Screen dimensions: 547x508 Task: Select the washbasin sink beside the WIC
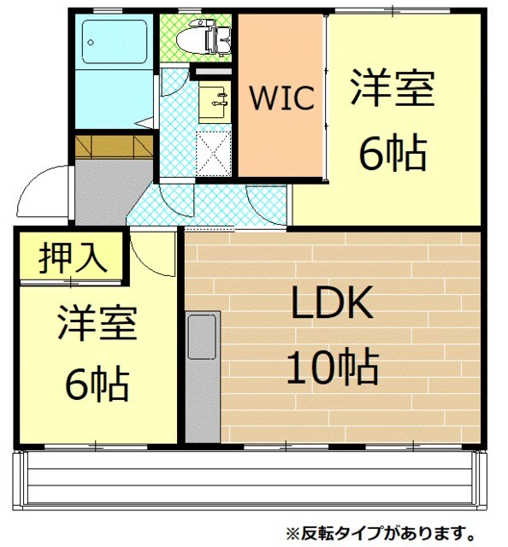coord(214,100)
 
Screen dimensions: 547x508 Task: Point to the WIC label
coord(281,97)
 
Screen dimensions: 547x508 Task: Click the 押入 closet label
coord(73,256)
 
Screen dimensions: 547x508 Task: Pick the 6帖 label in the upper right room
coord(393,154)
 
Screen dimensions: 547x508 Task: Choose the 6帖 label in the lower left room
coord(96,384)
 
